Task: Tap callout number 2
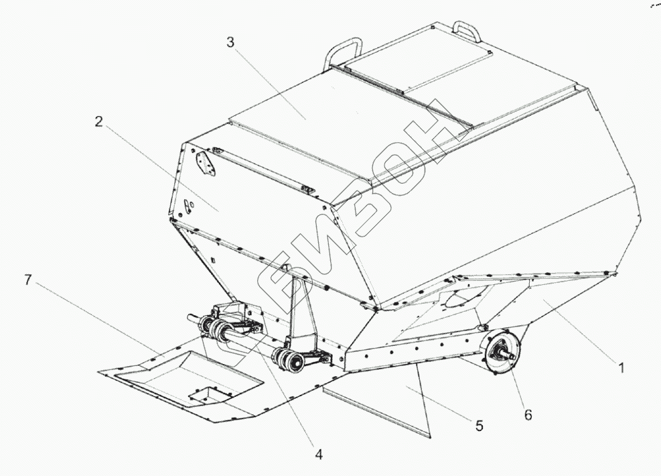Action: coord(98,121)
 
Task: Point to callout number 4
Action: coord(319,455)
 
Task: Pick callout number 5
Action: coord(479,425)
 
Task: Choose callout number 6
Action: coord(528,416)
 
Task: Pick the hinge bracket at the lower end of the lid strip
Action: coord(307,190)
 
